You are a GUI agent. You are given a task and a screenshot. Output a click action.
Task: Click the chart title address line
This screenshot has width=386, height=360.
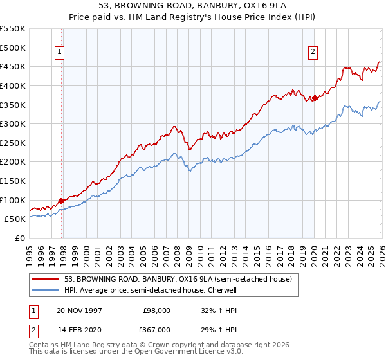193,6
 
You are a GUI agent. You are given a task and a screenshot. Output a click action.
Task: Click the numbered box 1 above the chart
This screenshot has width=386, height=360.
59,53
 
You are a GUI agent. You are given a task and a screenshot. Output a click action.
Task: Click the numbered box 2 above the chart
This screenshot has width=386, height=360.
313,53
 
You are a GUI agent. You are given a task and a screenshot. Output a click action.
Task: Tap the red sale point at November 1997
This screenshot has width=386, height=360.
62,201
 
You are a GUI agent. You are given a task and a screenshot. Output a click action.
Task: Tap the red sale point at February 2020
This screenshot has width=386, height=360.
315,98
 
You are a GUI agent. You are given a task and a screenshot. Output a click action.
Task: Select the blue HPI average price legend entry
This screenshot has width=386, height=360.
151,290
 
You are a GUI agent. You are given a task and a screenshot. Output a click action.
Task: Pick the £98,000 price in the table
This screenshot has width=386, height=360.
156,310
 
